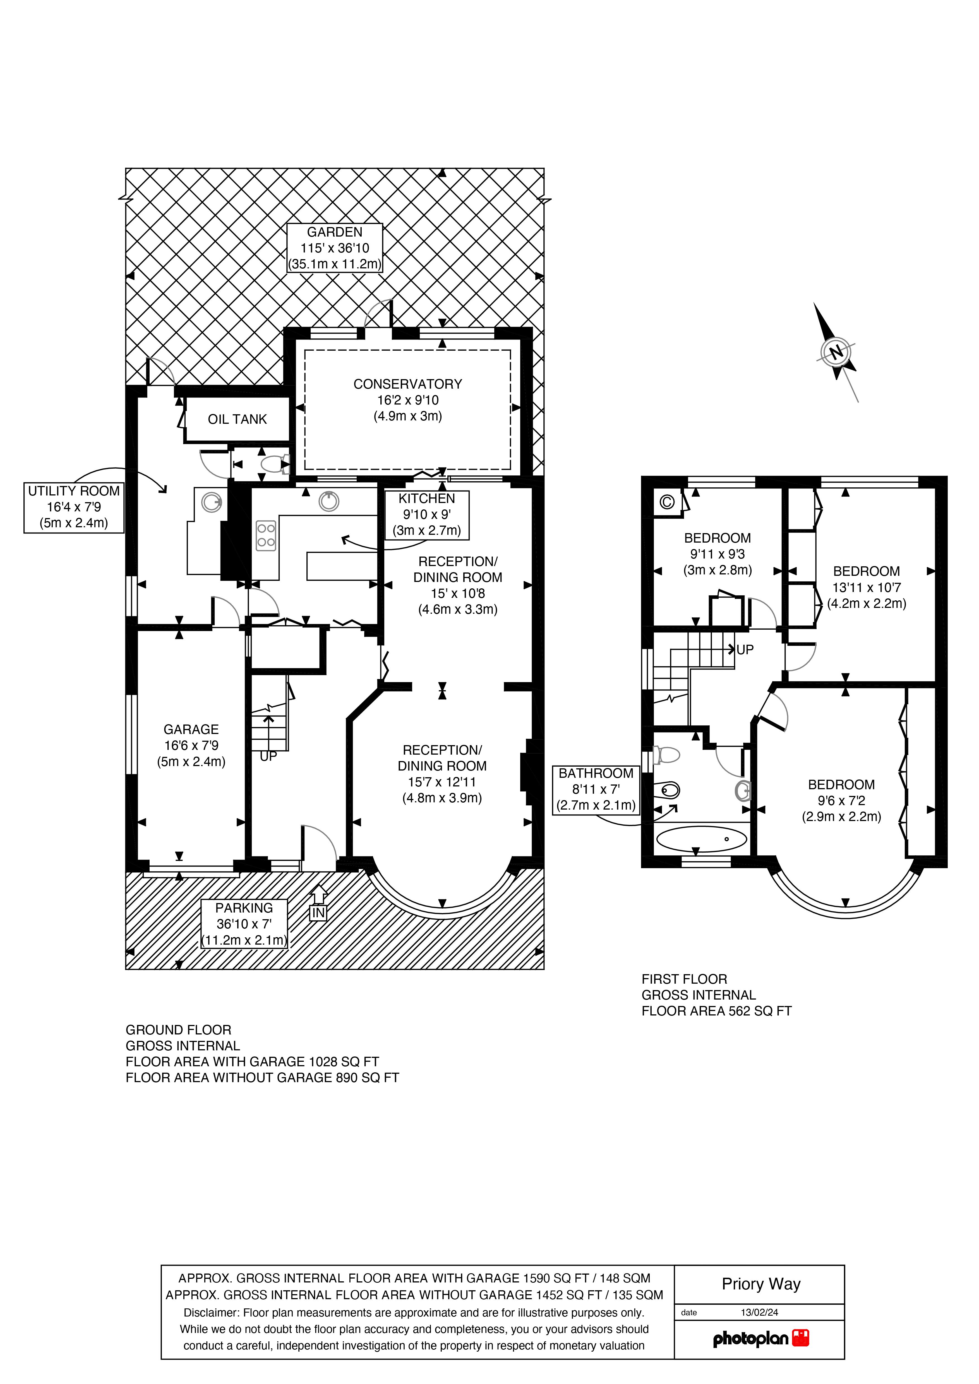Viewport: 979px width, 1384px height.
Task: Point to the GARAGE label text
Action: [191, 729]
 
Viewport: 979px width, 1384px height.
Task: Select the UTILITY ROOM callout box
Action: [74, 507]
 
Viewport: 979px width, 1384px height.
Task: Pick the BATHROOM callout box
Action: [596, 789]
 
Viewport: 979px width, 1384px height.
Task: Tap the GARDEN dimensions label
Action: [335, 248]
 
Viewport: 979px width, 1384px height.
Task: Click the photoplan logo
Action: [761, 1339]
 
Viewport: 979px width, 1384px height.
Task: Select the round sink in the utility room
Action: [211, 502]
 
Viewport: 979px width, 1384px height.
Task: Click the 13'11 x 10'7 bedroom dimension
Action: [866, 587]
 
